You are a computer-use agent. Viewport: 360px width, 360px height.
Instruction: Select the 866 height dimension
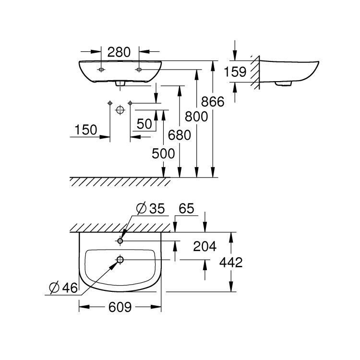coord(213,101)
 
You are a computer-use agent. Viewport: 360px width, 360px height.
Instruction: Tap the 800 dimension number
coord(196,116)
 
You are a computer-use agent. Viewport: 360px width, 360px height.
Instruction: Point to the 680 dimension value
coord(179,135)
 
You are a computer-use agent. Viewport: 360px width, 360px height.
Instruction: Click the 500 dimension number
coord(163,154)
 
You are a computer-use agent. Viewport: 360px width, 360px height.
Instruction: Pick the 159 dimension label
coord(235,72)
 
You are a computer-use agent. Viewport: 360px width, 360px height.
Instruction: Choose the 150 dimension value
coord(86,130)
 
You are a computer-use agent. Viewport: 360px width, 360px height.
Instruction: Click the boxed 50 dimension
coord(144,123)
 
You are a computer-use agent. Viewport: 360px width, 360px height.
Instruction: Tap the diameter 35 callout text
coord(150,209)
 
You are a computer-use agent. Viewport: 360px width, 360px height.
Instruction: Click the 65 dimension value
coord(187,209)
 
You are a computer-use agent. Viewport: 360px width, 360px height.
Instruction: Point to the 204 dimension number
coord(205,246)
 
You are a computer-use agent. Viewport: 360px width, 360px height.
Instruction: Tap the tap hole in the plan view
coord(120,240)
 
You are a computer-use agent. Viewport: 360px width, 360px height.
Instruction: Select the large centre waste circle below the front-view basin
coord(120,109)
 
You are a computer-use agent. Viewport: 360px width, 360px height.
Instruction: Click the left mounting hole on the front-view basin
coord(101,70)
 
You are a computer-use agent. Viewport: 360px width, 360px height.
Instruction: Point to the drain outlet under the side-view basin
coord(283,84)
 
